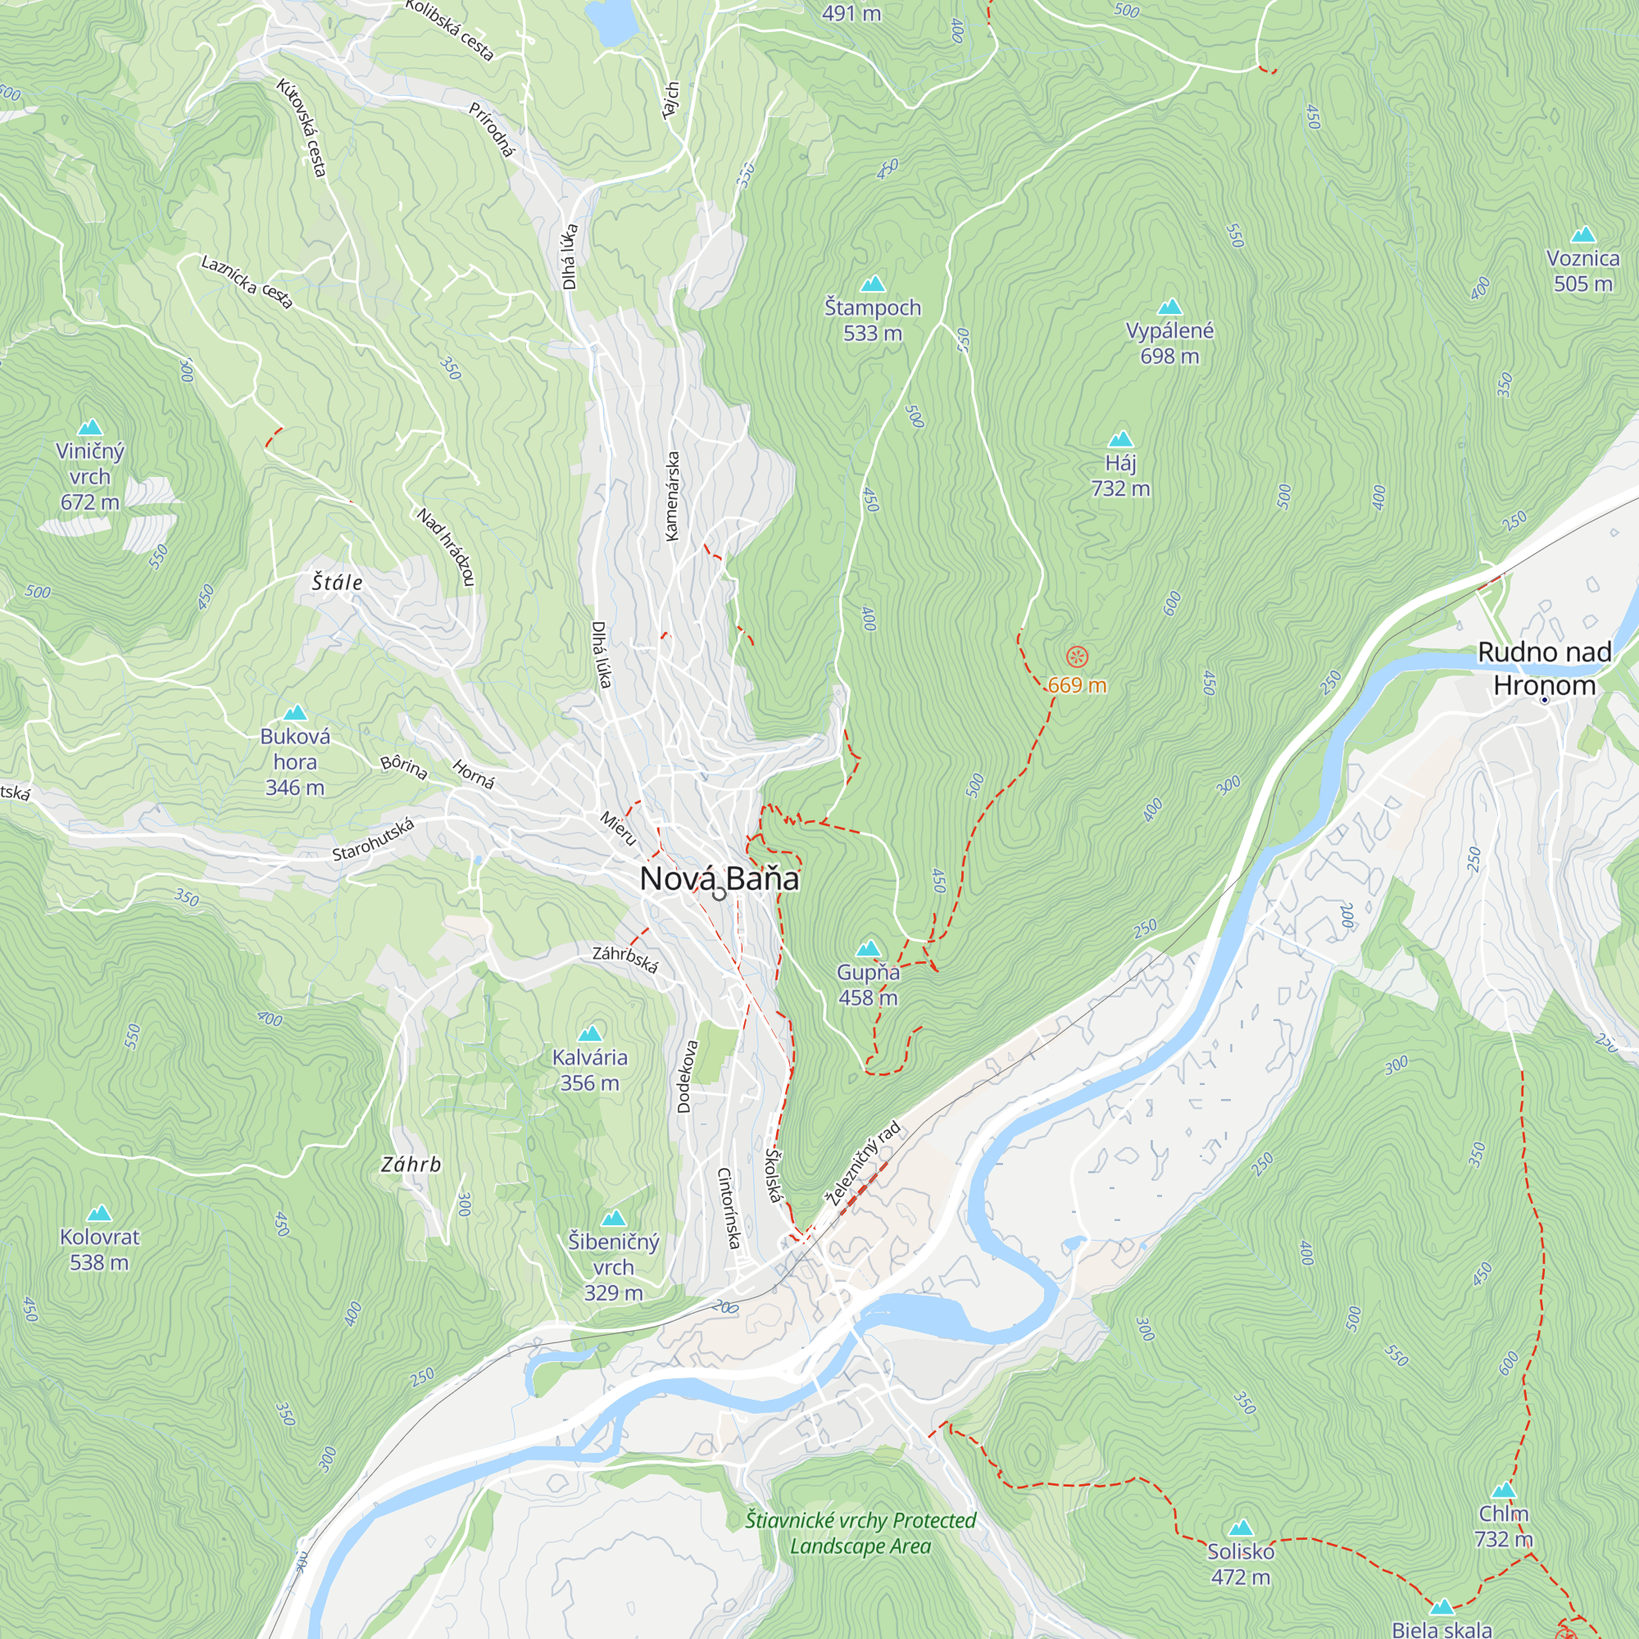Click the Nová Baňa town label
tap(719, 879)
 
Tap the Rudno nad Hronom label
tap(1544, 669)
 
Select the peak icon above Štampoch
tap(872, 284)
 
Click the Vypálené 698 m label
tap(1169, 343)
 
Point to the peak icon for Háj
tap(1120, 438)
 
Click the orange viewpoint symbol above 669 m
tap(1077, 656)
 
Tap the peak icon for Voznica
tap(1583, 235)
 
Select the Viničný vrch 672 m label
tap(90, 476)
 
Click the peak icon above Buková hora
tap(294, 713)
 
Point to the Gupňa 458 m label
tap(868, 985)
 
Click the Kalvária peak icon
tap(589, 1033)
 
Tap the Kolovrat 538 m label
tap(99, 1249)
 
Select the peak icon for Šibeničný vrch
tap(612, 1219)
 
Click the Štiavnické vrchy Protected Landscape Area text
tap(860, 1533)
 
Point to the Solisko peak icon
tap(1240, 1528)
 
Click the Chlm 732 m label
tap(1503, 1526)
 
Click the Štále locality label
tap(337, 582)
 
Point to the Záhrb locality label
tap(411, 1165)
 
